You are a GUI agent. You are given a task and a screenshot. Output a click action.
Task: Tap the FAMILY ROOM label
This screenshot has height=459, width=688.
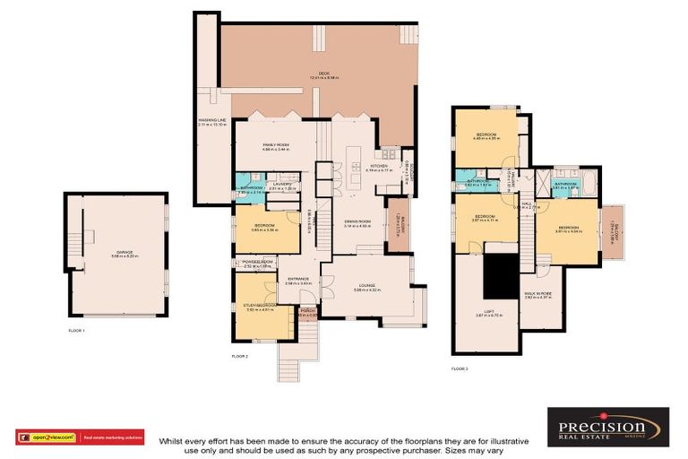[x=275, y=146]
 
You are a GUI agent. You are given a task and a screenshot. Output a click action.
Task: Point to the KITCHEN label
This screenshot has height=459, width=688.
[x=379, y=167]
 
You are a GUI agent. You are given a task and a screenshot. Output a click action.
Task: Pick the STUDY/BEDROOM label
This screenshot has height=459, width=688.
[x=259, y=307]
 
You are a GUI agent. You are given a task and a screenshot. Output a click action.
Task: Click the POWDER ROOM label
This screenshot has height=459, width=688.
[x=256, y=263]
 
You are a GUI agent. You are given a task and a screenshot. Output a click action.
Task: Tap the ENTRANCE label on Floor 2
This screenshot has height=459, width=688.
[x=297, y=280]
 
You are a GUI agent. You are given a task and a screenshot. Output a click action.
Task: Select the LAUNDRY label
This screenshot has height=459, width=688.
[x=281, y=186]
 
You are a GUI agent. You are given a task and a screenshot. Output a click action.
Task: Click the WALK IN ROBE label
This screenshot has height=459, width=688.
[x=538, y=293]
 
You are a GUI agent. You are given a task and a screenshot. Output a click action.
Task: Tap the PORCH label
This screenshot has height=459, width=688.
[x=307, y=311]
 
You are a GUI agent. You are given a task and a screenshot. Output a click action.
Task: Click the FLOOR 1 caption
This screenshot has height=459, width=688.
[x=77, y=331]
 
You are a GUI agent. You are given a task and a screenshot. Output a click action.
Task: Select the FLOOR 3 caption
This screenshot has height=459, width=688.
[x=459, y=368]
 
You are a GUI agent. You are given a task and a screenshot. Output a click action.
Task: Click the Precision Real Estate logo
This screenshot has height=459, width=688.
[x=608, y=428]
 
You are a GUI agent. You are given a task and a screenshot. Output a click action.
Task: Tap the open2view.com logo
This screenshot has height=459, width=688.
[x=47, y=437]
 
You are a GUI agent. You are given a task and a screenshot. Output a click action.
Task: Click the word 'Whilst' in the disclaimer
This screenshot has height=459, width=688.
[x=170, y=441]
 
